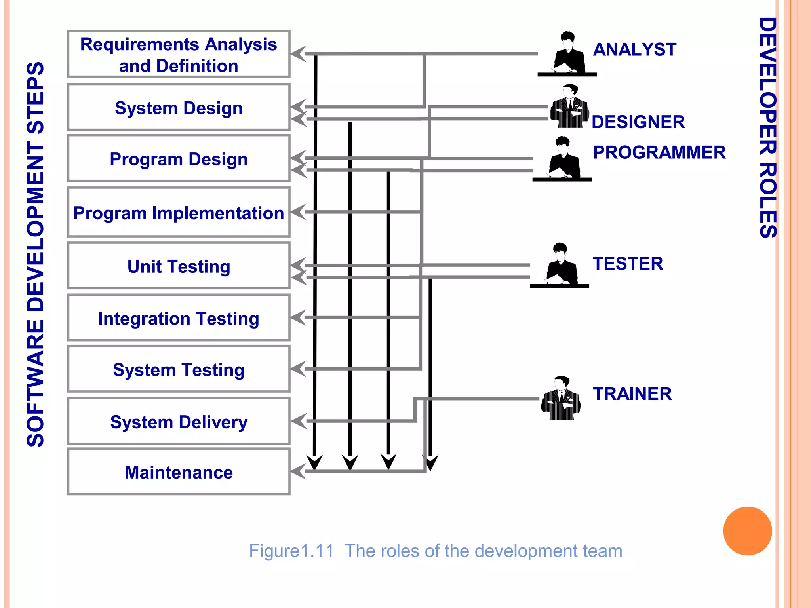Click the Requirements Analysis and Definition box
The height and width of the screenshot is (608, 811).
pyautogui.click(x=179, y=54)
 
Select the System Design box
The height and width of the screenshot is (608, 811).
pyautogui.click(x=179, y=107)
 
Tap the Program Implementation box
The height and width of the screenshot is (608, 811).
pyautogui.click(x=179, y=213)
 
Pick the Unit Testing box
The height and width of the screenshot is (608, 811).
pyautogui.click(x=179, y=266)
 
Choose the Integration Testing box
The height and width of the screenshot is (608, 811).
pyautogui.click(x=179, y=318)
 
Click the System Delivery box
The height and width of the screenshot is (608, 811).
pyautogui.click(x=179, y=422)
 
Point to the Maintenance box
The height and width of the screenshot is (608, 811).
pyautogui.click(x=179, y=472)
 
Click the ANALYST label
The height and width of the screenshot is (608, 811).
pyautogui.click(x=634, y=49)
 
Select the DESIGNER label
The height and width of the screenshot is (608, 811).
pyautogui.click(x=638, y=122)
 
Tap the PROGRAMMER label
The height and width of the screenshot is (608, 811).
pyautogui.click(x=659, y=152)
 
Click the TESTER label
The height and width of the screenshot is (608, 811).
pyautogui.click(x=628, y=264)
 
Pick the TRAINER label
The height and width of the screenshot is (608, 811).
pyautogui.click(x=632, y=394)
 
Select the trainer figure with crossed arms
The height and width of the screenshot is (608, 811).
pyautogui.click(x=561, y=399)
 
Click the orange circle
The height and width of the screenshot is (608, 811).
pyautogui.click(x=747, y=531)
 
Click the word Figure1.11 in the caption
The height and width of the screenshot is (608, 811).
pyautogui.click(x=291, y=551)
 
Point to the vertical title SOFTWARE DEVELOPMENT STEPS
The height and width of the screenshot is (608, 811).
pyautogui.click(x=35, y=254)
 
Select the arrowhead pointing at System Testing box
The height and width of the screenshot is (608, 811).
pyautogui.click(x=298, y=369)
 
